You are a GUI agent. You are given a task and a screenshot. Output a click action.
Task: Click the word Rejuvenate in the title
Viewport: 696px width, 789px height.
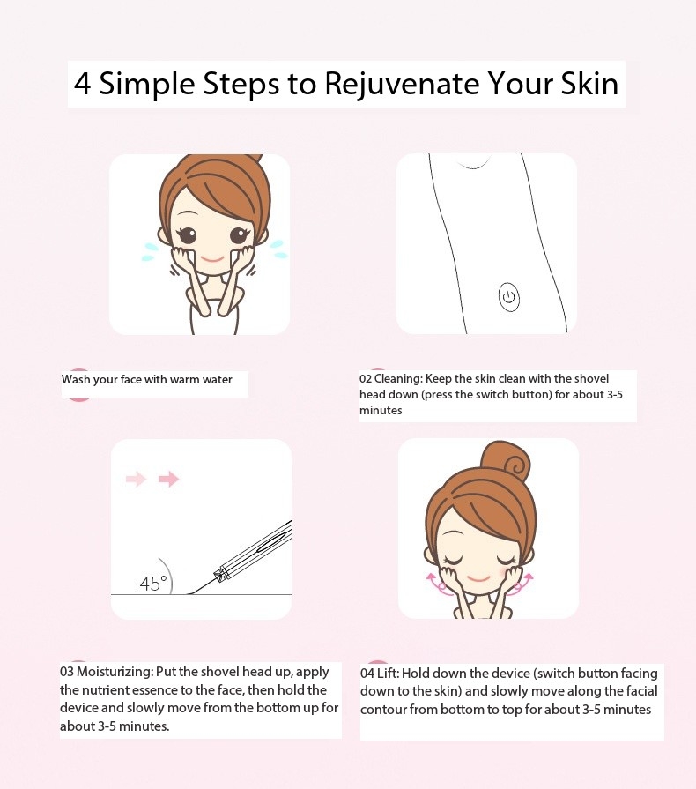pyautogui.click(x=402, y=84)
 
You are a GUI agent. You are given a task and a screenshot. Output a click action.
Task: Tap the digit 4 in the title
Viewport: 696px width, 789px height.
pyautogui.click(x=83, y=84)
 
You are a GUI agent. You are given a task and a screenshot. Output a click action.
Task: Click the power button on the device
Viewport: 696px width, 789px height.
pyautogui.click(x=509, y=297)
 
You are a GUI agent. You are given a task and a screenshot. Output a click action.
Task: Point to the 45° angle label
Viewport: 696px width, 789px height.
pyautogui.click(x=153, y=584)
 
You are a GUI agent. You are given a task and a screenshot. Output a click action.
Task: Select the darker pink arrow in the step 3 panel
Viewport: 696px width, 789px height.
pyautogui.click(x=168, y=479)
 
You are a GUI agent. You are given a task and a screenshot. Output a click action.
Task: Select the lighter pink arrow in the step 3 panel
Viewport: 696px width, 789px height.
pyautogui.click(x=136, y=479)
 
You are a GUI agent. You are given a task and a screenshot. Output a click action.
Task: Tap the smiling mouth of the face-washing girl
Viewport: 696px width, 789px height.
pyautogui.click(x=211, y=258)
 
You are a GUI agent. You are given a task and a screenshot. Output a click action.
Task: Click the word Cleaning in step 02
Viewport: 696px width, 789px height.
pyautogui.click(x=398, y=379)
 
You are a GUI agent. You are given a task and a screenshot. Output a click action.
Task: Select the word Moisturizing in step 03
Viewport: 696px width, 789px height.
pyautogui.click(x=115, y=672)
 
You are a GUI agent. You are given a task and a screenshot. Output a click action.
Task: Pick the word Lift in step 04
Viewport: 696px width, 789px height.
pyautogui.click(x=389, y=674)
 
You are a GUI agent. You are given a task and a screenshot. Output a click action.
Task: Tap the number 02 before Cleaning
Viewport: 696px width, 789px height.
pyautogui.click(x=366, y=379)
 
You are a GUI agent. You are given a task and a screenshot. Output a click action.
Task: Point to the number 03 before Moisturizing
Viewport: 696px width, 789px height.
pyautogui.click(x=67, y=672)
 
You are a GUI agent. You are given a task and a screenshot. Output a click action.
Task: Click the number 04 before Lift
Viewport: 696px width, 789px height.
pyautogui.click(x=367, y=674)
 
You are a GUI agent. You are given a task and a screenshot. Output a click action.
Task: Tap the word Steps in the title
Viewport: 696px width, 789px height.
pyautogui.click(x=241, y=85)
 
